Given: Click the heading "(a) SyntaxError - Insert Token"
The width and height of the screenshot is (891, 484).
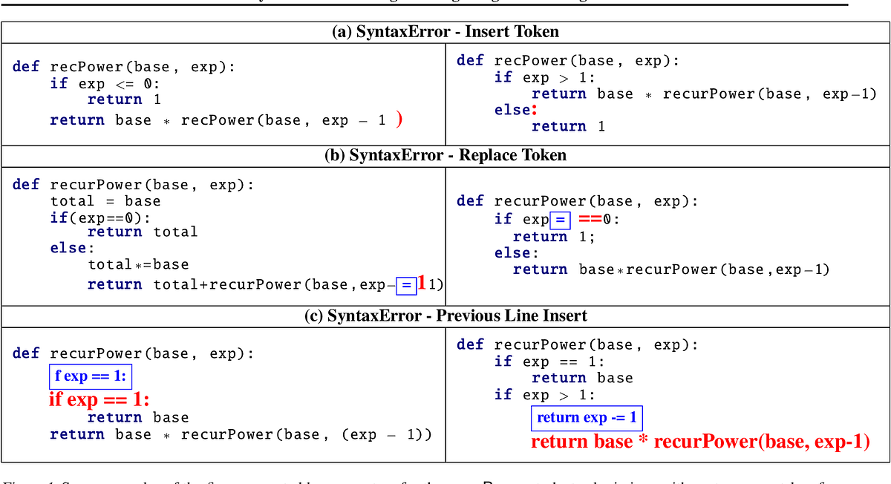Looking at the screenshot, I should point(446,32).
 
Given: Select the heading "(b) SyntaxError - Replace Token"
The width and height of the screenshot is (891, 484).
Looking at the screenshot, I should point(446,155).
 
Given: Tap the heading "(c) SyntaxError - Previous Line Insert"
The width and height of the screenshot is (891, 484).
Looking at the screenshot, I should point(446,315).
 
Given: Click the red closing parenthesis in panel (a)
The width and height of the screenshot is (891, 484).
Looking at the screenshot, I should point(399,119).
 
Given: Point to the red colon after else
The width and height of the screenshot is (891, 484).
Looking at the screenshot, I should point(533,110).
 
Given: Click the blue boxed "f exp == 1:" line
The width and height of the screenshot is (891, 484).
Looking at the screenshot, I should point(90,376).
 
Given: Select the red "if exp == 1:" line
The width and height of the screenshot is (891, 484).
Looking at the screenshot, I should point(99,399).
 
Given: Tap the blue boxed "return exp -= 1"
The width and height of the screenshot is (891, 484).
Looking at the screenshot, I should point(587,418).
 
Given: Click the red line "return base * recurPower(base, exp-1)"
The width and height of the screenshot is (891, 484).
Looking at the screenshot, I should point(700,442).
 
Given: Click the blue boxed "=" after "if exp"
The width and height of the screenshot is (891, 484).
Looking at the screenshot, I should point(561,220).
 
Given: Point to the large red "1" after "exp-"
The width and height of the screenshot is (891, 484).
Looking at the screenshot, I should point(422,284).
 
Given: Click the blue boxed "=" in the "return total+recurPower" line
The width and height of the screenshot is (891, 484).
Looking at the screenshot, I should point(406,285).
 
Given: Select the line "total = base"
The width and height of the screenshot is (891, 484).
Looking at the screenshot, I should point(105,201).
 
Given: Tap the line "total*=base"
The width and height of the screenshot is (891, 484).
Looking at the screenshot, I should point(138,264).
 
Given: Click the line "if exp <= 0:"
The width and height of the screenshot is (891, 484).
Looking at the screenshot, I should point(105,84).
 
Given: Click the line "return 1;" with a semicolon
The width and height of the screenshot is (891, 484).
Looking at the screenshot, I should point(554,237).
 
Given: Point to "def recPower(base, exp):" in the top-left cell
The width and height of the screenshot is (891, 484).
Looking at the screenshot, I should point(123,67).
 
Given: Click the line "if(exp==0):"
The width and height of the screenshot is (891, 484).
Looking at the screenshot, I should point(100,218).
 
